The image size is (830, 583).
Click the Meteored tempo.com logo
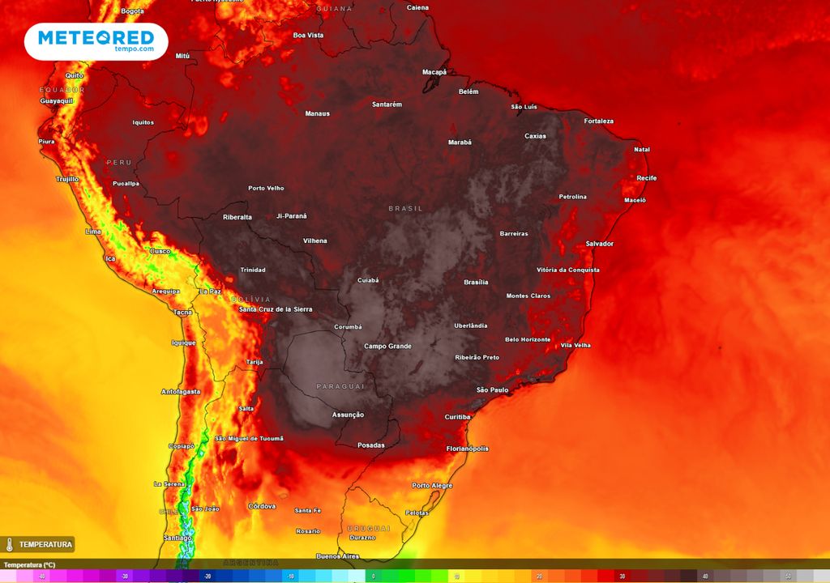pyautogui.click(x=96, y=40)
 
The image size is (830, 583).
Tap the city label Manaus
pyautogui.click(x=317, y=113)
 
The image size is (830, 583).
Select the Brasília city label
pyautogui.click(x=476, y=283)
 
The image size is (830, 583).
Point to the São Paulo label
pyautogui.click(x=492, y=390)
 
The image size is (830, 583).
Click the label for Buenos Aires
pyautogui.click(x=337, y=556)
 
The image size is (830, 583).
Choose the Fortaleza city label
pyautogui.click(x=598, y=121)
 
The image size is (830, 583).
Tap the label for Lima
pyautogui.click(x=93, y=232)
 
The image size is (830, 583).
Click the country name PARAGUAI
pyautogui.click(x=340, y=386)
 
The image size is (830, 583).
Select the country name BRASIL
pyautogui.click(x=405, y=209)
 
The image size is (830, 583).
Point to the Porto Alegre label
pyautogui.click(x=431, y=486)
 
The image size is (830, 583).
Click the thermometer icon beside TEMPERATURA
pyautogui.click(x=10, y=545)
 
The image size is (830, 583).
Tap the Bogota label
pyautogui.click(x=132, y=11)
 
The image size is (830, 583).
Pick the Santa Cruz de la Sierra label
pyautogui.click(x=275, y=310)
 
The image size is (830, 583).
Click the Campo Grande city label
pyautogui.click(x=387, y=347)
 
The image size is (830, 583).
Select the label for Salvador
pyautogui.click(x=599, y=244)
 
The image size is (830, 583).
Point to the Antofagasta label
pyautogui.click(x=181, y=392)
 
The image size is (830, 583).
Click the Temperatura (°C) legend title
pyautogui.click(x=29, y=565)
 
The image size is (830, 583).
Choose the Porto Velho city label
pyautogui.click(x=266, y=189)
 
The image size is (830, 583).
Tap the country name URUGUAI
pyautogui.click(x=369, y=529)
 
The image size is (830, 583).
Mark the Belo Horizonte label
pyautogui.click(x=527, y=340)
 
